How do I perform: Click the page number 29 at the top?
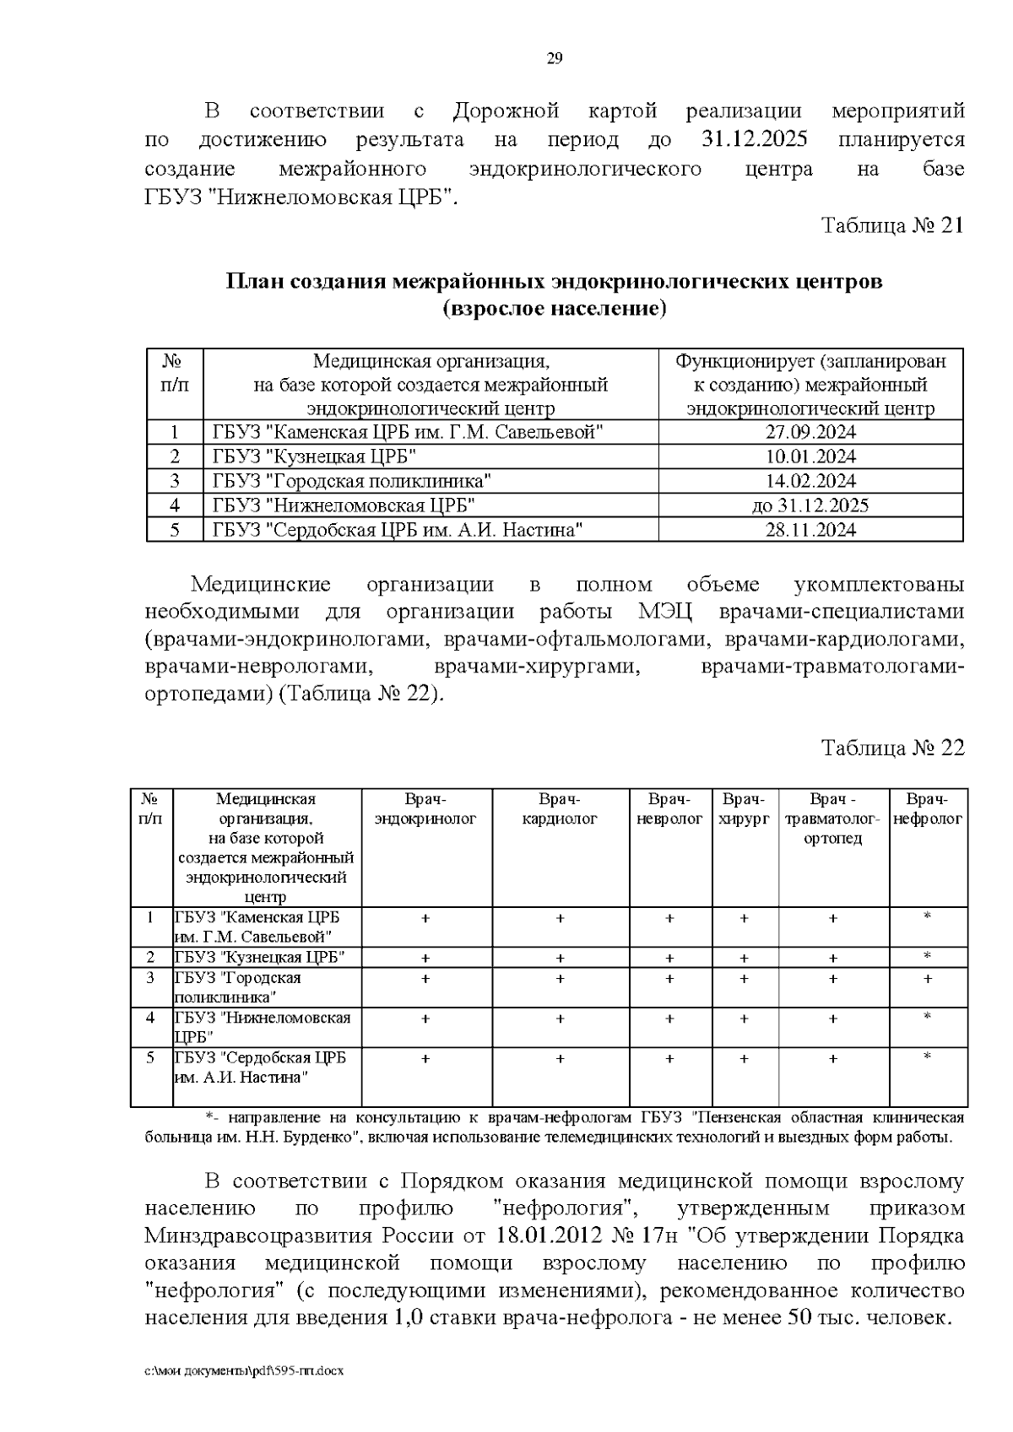[x=555, y=58]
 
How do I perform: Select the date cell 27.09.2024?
[x=810, y=433]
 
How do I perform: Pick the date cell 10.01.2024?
[x=810, y=457]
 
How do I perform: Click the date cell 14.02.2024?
[x=810, y=482]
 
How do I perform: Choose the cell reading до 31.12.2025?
[x=810, y=505]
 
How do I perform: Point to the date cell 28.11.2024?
[x=810, y=530]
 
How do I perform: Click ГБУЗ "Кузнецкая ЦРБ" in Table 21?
[x=314, y=457]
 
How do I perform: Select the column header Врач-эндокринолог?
[x=425, y=809]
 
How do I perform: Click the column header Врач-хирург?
[x=744, y=809]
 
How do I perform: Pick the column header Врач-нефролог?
[x=928, y=809]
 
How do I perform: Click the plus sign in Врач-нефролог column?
[x=928, y=979]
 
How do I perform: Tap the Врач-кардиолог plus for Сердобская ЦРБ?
[x=561, y=1058]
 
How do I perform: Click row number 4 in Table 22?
[x=150, y=1018]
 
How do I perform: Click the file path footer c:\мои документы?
[x=245, y=1371]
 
